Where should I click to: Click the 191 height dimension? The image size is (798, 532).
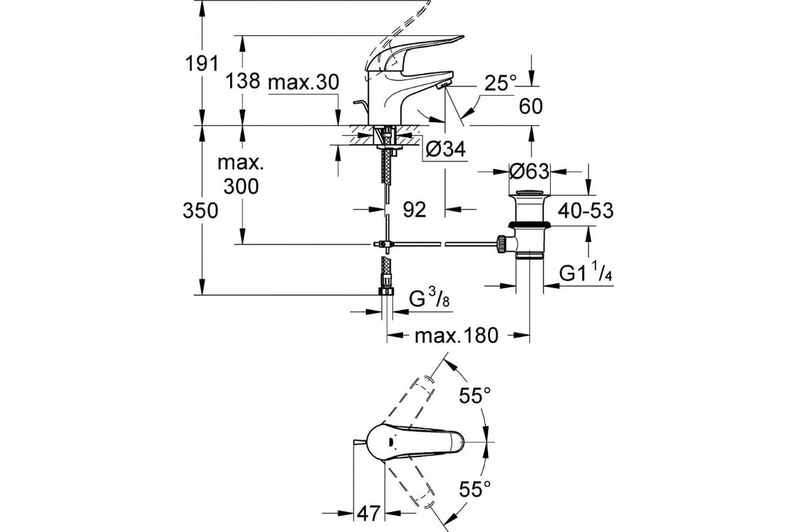click(201, 64)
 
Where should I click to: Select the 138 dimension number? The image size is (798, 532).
click(243, 81)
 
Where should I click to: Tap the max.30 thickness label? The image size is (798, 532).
click(303, 82)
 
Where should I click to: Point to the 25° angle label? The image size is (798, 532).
click(501, 83)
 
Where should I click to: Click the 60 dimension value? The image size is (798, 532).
click(531, 106)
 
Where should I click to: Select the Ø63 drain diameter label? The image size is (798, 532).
click(529, 172)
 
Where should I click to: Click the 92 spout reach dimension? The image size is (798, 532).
click(415, 209)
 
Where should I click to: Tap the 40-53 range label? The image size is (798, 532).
click(586, 210)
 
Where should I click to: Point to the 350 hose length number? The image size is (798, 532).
click(200, 211)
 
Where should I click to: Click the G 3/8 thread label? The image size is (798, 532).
click(430, 298)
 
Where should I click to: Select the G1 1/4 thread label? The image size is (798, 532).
click(585, 271)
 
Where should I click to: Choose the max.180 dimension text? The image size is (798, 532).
click(456, 336)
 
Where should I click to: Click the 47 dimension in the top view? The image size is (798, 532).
click(368, 514)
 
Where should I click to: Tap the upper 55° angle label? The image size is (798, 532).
click(475, 396)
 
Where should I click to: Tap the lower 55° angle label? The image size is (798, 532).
click(475, 489)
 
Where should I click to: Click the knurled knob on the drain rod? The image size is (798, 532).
click(501, 244)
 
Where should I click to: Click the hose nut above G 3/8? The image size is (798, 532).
click(386, 291)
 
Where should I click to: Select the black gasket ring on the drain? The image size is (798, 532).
click(529, 225)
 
